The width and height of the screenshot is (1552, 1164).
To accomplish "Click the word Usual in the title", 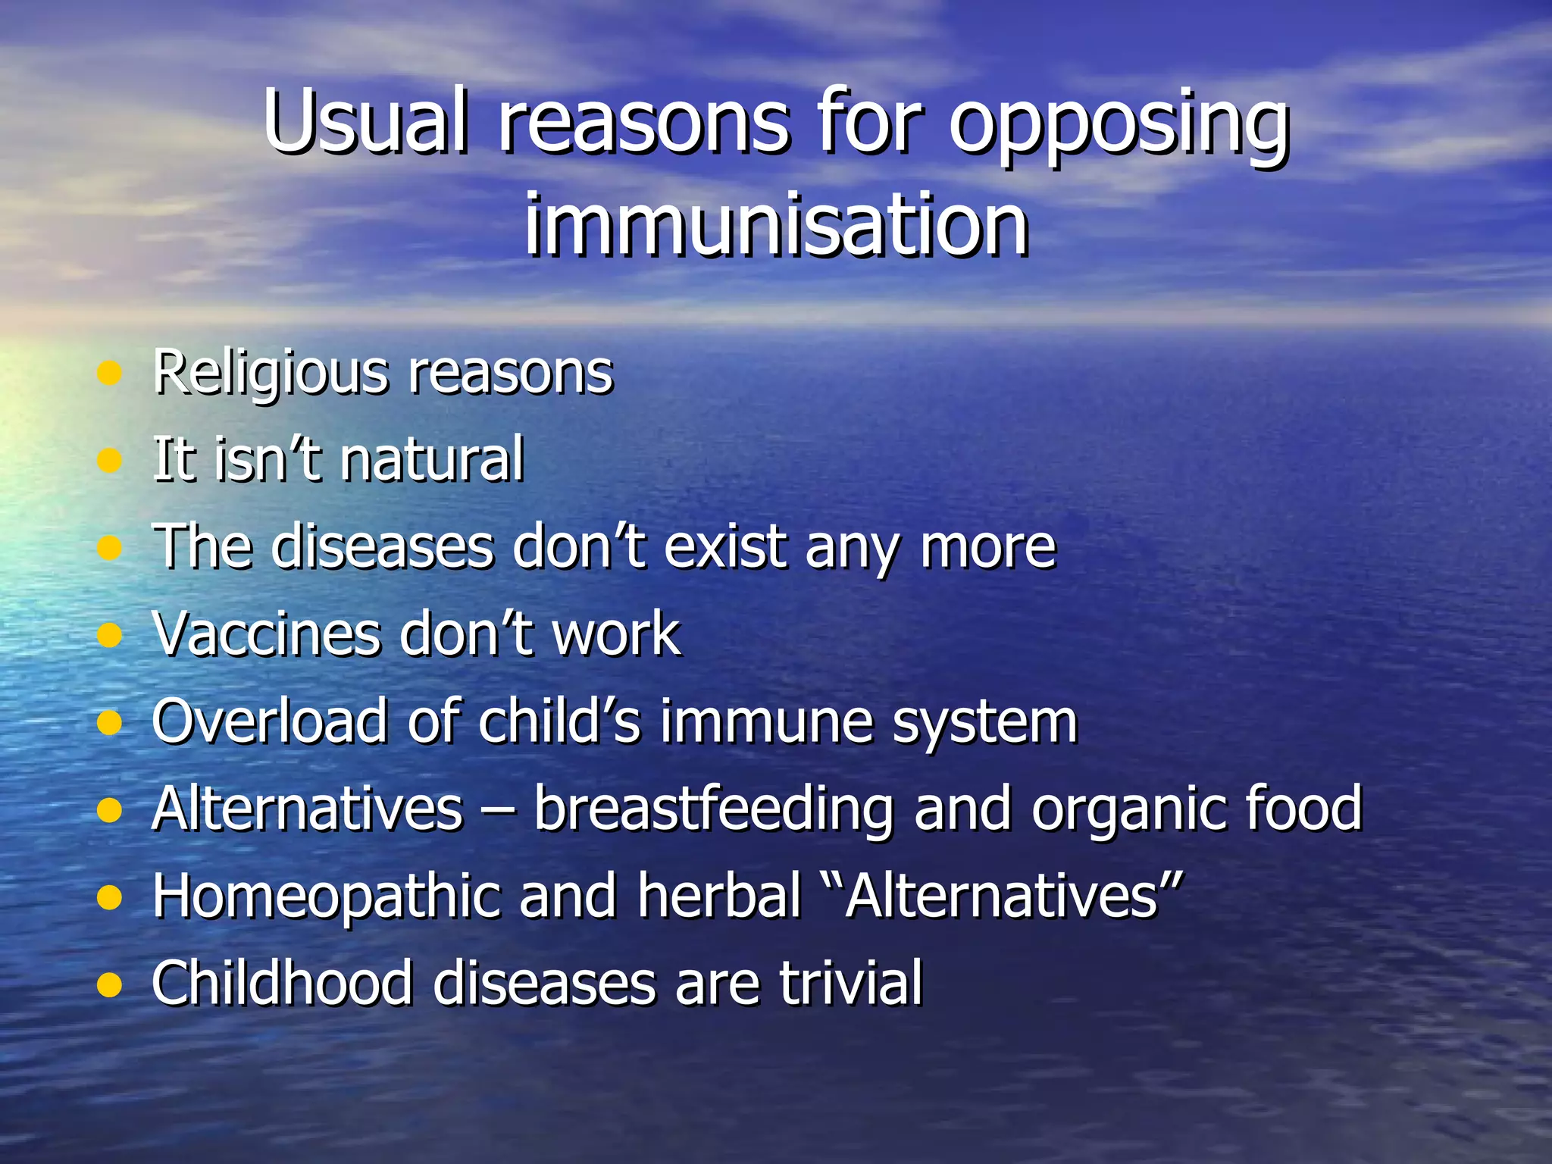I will (x=364, y=121).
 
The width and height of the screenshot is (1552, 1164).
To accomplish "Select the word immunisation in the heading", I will (x=776, y=224).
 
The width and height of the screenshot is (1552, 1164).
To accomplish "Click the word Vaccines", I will (x=266, y=634).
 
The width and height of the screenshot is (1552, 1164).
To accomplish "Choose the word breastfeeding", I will (x=713, y=809).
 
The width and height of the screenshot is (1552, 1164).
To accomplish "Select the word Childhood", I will (x=282, y=983).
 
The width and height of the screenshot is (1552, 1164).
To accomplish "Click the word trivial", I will (x=850, y=983).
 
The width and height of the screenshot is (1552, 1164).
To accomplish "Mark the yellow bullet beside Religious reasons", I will (x=110, y=373).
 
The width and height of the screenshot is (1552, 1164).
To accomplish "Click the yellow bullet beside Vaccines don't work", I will (x=110, y=634).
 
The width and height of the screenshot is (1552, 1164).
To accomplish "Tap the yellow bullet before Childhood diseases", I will (x=110, y=984).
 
